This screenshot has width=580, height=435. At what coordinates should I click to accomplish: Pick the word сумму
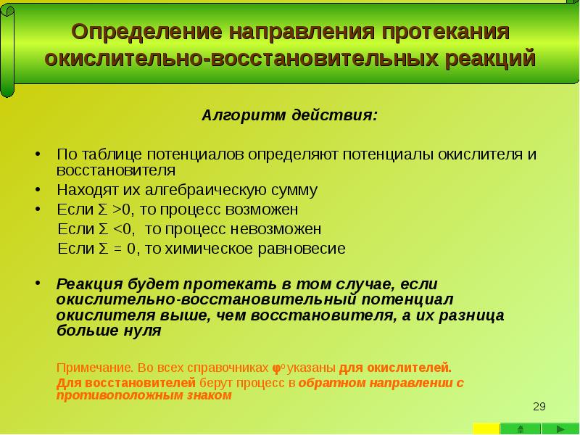291,191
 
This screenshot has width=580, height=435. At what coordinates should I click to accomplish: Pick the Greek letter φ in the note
275,366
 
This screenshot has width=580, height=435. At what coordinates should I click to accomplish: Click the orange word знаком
207,396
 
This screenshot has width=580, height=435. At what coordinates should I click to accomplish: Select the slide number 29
539,406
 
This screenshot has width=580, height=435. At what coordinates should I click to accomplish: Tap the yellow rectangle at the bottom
486,428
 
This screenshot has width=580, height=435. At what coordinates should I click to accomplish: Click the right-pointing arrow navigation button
561,428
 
